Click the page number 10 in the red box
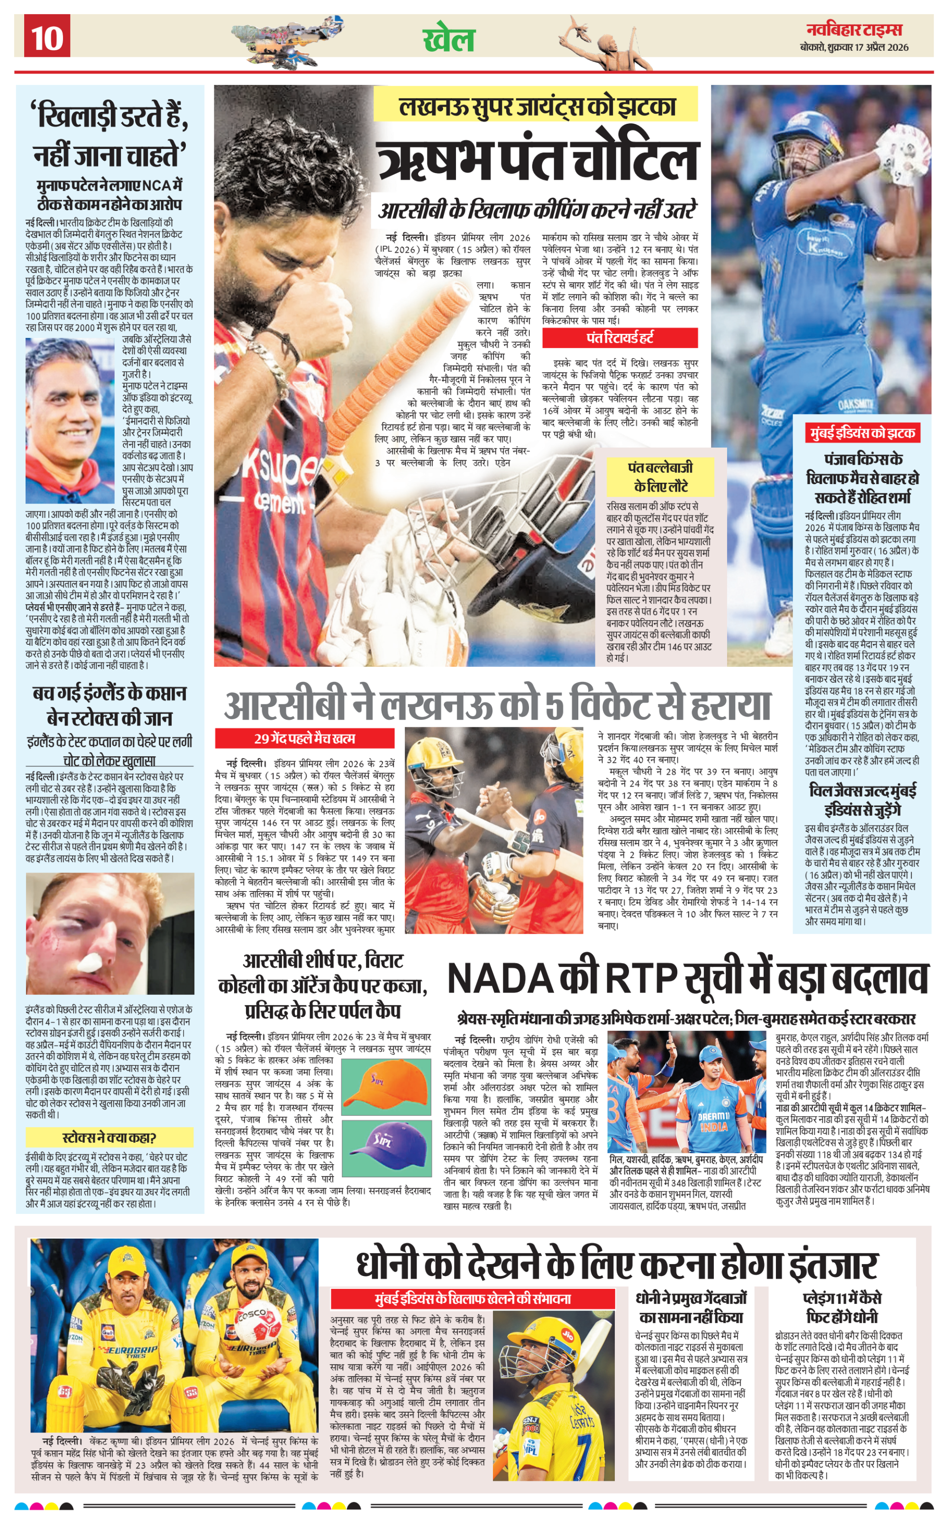(47, 37)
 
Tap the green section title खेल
(449, 39)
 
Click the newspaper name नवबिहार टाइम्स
(854, 30)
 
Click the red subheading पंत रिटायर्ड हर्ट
(620, 338)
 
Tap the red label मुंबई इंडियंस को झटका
(862, 433)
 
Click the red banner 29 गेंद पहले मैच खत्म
(305, 738)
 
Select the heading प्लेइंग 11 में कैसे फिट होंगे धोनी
(842, 1307)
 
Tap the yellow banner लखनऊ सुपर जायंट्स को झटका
(536, 105)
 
